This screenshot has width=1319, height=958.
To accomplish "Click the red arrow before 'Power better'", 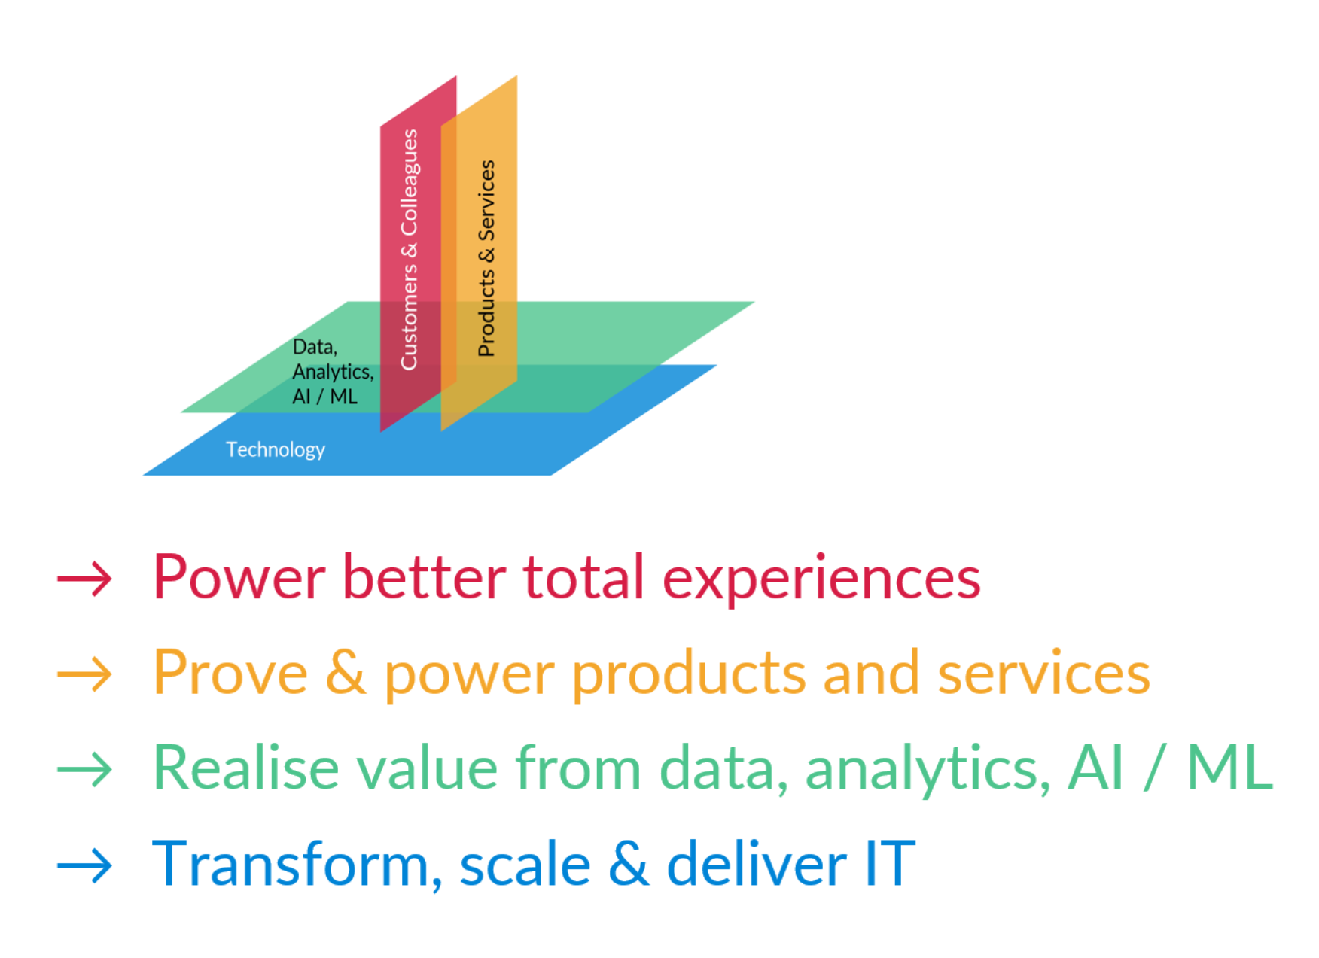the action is point(84,579).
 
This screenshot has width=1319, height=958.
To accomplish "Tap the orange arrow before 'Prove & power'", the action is point(84,674).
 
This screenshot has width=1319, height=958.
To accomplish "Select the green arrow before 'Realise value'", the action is point(84,769).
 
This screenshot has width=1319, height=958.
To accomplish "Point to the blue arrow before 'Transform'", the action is point(84,865).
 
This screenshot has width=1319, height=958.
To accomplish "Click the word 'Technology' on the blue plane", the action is point(276,450).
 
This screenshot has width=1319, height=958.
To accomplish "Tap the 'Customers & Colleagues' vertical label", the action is point(409,250).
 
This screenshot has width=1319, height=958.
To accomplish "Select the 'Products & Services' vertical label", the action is point(486,258).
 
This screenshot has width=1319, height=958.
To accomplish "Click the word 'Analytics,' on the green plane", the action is point(333,372).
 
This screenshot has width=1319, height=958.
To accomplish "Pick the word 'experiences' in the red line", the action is point(821,579).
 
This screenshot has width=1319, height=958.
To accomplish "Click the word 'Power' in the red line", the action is point(239,577).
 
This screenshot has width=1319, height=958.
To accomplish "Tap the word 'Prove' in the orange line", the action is point(230,672).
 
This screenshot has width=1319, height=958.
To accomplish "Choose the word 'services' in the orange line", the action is point(1043,672).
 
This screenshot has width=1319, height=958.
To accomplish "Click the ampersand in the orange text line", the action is point(346,672).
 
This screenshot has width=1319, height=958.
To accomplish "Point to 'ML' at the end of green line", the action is point(1229,768).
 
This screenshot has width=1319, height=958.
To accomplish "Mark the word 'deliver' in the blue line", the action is point(757,863).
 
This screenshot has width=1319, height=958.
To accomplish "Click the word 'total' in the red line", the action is point(583,577).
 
